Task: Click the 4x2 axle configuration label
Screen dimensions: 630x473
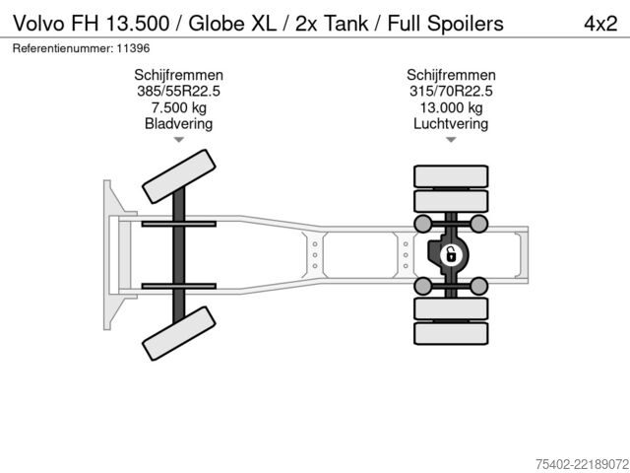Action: (x=600, y=24)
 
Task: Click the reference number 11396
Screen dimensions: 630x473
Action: (x=133, y=48)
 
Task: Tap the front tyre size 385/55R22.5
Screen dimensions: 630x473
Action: (x=178, y=92)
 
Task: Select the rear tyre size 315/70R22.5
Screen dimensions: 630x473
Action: (x=451, y=92)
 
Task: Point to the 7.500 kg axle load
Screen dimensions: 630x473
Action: (x=178, y=107)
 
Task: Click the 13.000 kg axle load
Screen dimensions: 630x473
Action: (x=451, y=107)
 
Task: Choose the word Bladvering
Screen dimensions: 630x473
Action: (x=178, y=123)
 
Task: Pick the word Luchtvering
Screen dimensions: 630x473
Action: (x=451, y=123)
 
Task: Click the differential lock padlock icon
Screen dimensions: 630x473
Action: (x=451, y=255)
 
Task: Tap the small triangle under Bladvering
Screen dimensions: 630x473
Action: (x=179, y=140)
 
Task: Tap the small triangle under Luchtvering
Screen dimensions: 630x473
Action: (x=451, y=140)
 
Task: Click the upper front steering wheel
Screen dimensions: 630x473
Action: (x=179, y=176)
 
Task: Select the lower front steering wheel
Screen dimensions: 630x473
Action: (x=179, y=333)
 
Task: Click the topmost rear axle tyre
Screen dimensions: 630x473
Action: (x=451, y=176)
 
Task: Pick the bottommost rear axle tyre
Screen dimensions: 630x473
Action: (x=451, y=333)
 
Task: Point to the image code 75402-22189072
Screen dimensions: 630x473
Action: (x=582, y=464)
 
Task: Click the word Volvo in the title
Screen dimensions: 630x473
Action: (x=39, y=24)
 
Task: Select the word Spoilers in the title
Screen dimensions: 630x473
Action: (x=465, y=24)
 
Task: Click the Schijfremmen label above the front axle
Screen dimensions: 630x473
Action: (x=178, y=75)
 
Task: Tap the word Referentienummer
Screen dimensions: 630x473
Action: (x=63, y=48)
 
